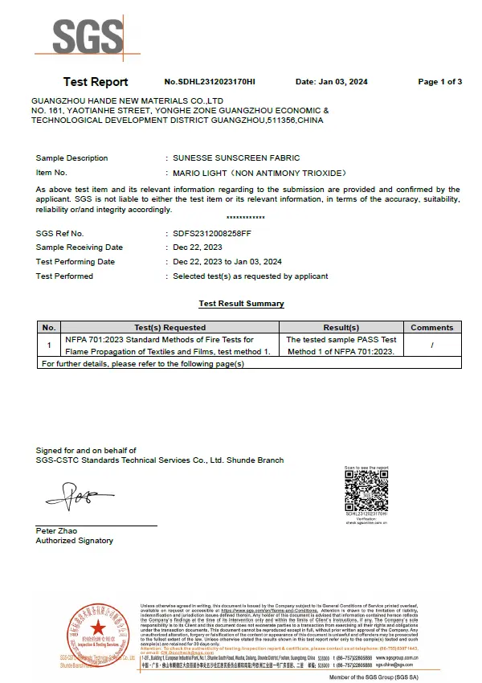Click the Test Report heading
pyautogui.click(x=96, y=82)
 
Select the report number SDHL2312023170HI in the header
pyautogui.click(x=209, y=82)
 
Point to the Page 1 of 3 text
pyautogui.click(x=439, y=82)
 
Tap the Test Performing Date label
pyautogui.click(x=76, y=262)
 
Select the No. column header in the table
pyautogui.click(x=49, y=328)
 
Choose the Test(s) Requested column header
pyautogui.click(x=170, y=328)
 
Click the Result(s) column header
pyautogui.click(x=341, y=328)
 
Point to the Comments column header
pyautogui.click(x=431, y=328)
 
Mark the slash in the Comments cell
pyautogui.click(x=431, y=346)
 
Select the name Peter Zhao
pyautogui.click(x=55, y=531)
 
